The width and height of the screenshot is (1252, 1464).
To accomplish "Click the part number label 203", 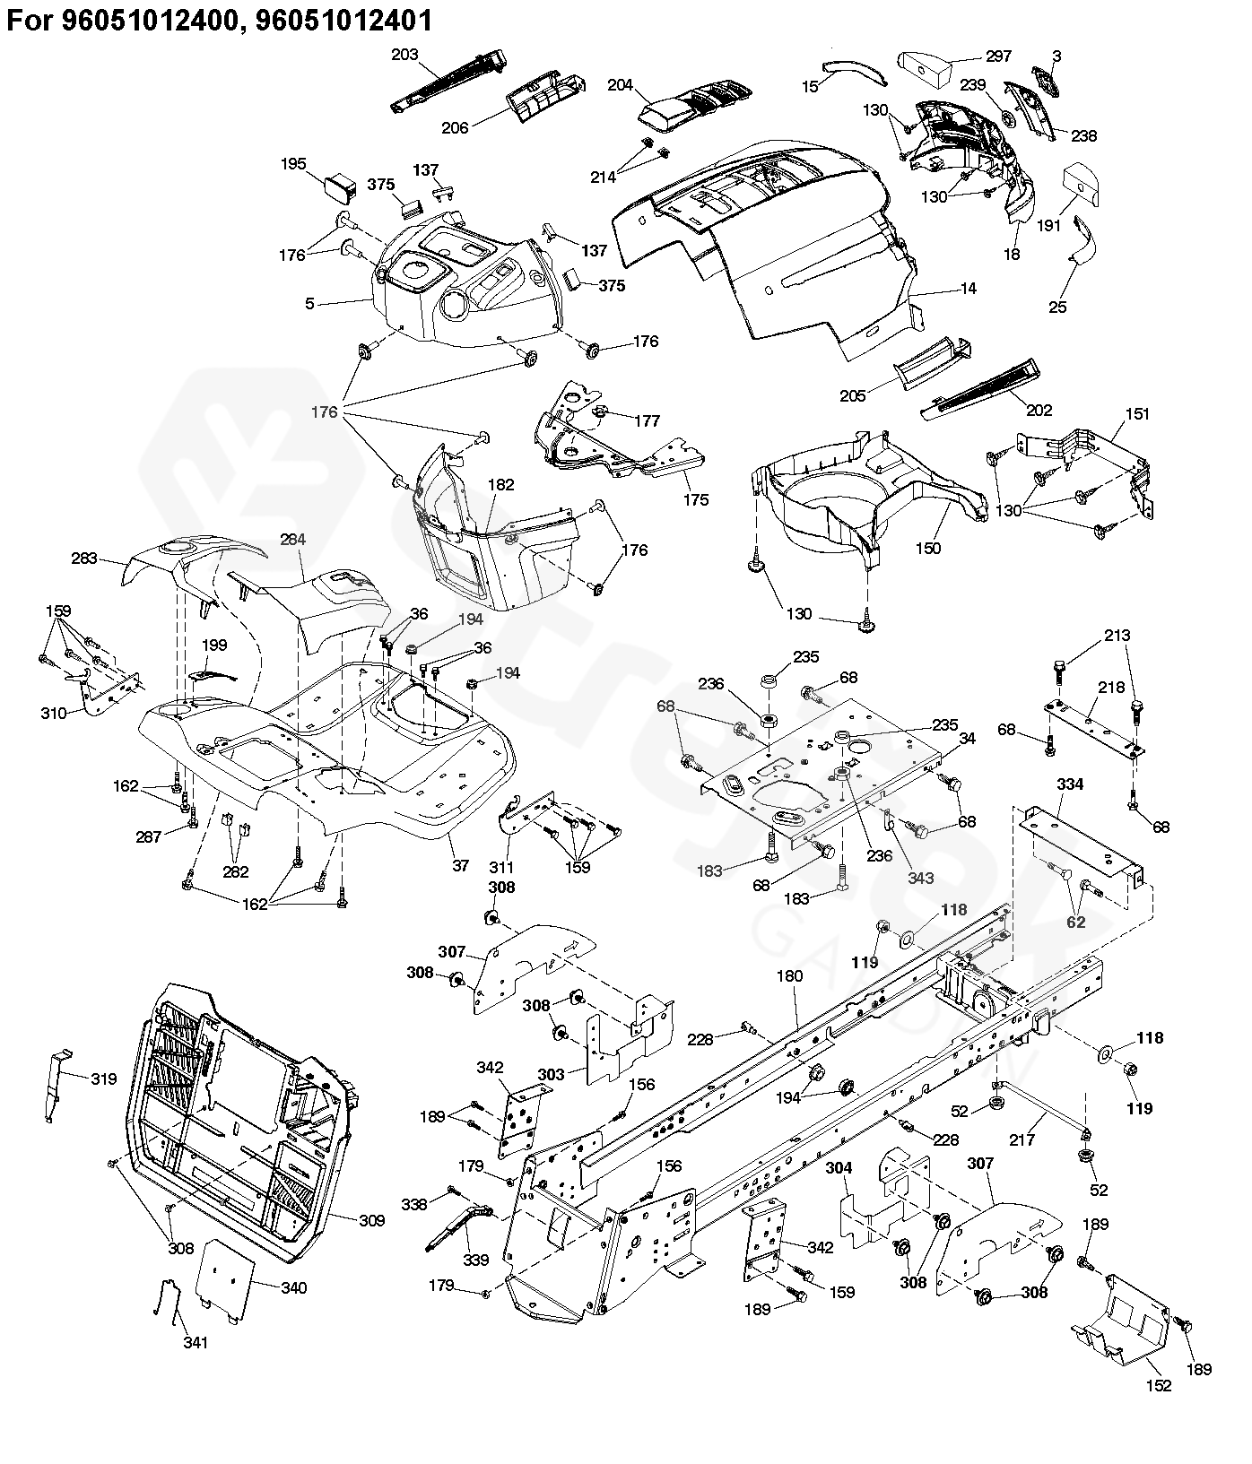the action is [405, 55].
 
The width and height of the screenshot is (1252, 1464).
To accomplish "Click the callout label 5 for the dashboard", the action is [309, 304].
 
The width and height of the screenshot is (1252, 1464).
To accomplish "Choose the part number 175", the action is [695, 499].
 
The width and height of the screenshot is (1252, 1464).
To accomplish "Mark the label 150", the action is [929, 548].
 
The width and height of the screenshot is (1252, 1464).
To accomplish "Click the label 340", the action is [293, 1288].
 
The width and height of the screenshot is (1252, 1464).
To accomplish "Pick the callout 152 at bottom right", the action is [1159, 1386].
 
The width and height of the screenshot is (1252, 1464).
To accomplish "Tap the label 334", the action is [1070, 784].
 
